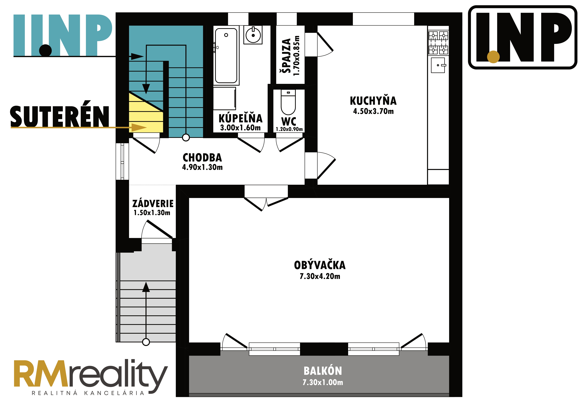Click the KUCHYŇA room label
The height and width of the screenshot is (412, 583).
click(373, 101)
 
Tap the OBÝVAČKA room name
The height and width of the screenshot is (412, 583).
click(320, 265)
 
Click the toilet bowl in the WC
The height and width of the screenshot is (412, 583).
click(288, 102)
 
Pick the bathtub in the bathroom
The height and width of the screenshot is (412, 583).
click(226, 55)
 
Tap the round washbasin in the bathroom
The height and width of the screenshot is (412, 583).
click(253, 35)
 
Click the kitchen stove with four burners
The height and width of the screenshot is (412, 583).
click(438, 43)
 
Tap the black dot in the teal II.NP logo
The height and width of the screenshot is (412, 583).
click(45, 50)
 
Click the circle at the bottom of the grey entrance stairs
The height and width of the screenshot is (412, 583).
click(146, 342)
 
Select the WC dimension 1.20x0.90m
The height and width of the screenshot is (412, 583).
click(289, 129)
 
